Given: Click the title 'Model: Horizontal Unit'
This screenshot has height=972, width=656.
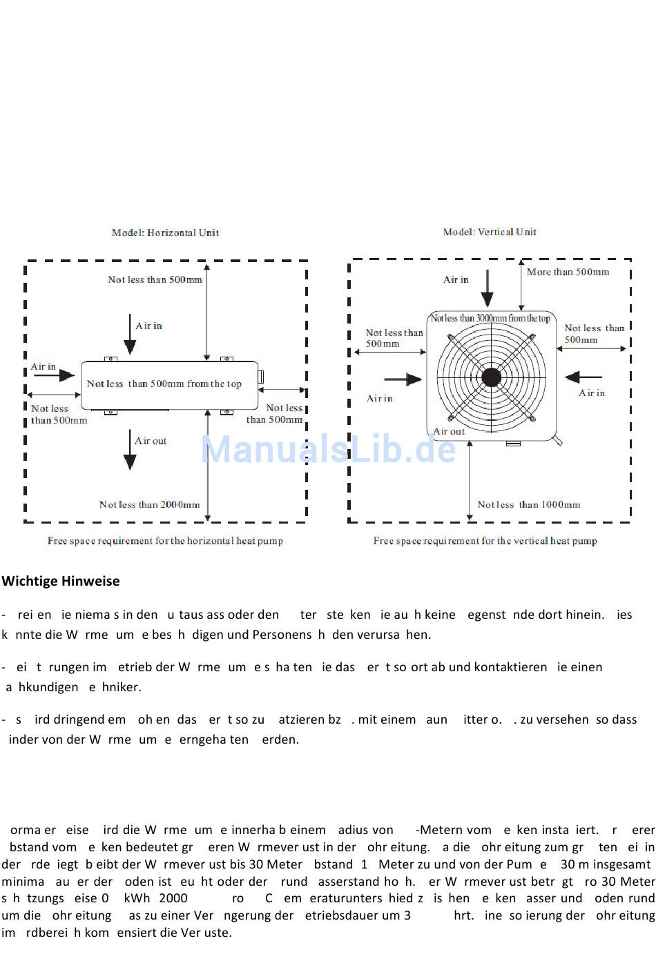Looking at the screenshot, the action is pyautogui.click(x=165, y=232).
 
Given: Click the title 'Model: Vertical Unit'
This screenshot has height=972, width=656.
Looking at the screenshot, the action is pyautogui.click(x=490, y=232).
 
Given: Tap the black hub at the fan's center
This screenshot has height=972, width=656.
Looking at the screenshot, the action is pyautogui.click(x=491, y=377).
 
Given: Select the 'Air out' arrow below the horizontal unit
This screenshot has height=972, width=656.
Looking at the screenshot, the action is pyautogui.click(x=129, y=450).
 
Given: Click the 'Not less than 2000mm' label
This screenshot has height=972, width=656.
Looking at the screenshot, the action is pyautogui.click(x=149, y=504).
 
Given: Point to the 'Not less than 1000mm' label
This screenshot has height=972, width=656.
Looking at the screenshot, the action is pyautogui.click(x=528, y=504).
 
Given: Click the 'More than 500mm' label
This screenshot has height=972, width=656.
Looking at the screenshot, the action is pyautogui.click(x=568, y=272).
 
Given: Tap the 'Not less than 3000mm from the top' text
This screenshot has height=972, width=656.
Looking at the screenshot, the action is pyautogui.click(x=490, y=318).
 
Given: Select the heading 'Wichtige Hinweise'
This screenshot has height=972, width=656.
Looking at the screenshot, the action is pyautogui.click(x=61, y=581).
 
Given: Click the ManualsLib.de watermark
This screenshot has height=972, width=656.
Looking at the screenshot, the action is pyautogui.click(x=328, y=449).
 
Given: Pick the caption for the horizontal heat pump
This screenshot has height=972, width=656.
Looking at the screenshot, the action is pyautogui.click(x=165, y=541).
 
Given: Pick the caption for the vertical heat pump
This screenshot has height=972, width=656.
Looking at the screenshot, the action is pyautogui.click(x=485, y=541).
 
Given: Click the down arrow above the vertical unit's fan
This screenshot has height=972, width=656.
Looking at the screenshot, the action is pyautogui.click(x=488, y=288).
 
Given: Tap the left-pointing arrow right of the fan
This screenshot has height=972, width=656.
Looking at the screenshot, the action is pyautogui.click(x=583, y=377).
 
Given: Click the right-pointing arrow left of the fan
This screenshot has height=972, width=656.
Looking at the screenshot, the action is pyautogui.click(x=403, y=379).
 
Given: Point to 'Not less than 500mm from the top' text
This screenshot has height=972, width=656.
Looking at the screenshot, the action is pyautogui.click(x=164, y=384).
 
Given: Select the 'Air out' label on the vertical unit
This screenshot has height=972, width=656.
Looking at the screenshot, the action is pyautogui.click(x=449, y=431).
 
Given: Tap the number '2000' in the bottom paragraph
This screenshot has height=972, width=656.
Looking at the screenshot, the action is pyautogui.click(x=173, y=898).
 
